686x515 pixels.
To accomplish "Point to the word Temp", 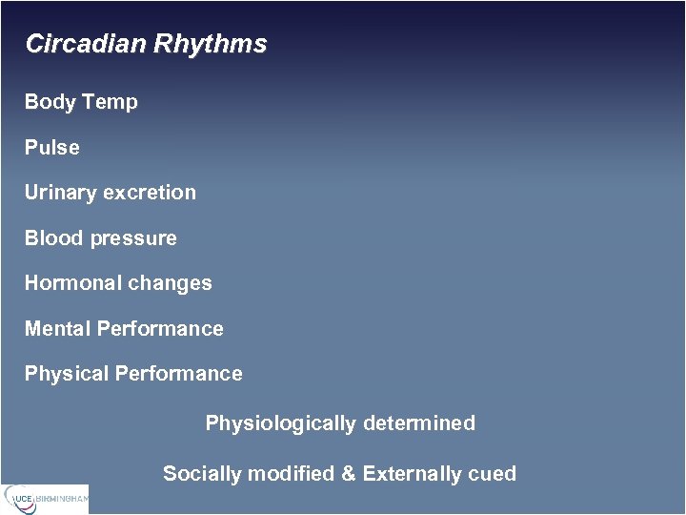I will point(111,102).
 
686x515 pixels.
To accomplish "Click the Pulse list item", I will point(51,148).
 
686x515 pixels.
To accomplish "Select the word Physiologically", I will point(280,423).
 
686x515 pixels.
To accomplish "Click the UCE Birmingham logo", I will point(45,498).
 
